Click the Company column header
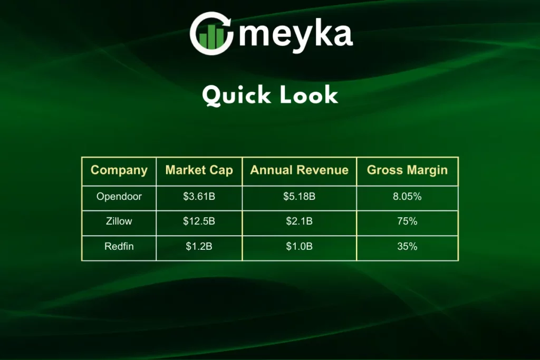point(119,170)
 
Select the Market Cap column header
point(199,170)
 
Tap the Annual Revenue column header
point(299,170)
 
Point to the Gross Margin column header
point(407,170)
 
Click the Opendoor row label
point(119,197)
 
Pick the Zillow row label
point(119,221)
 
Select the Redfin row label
point(119,247)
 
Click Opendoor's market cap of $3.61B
point(199,197)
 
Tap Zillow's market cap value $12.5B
point(199,221)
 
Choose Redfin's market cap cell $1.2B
point(199,247)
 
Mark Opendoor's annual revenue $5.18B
point(299,197)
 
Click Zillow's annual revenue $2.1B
point(299,221)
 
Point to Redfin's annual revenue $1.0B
point(299,247)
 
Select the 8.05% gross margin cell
point(407,197)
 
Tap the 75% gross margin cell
point(407,221)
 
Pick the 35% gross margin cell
point(407,247)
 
